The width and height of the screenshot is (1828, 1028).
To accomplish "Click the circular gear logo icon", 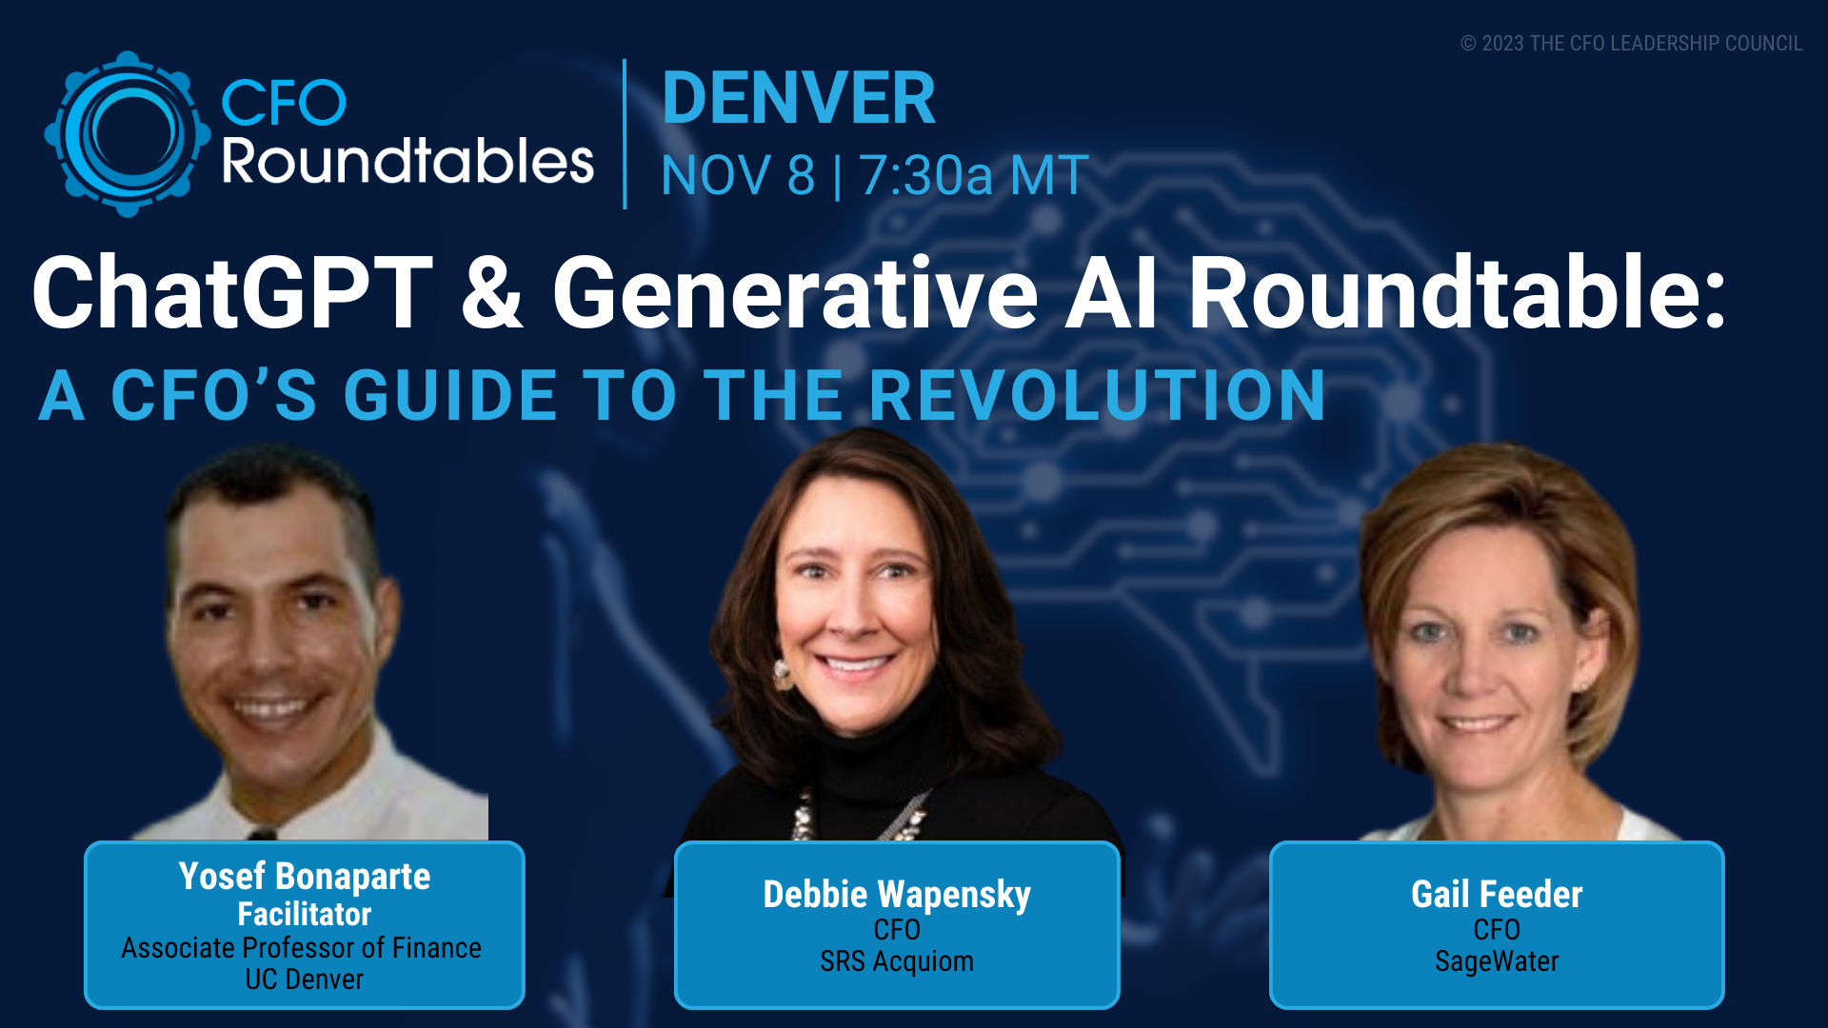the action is point(127,133).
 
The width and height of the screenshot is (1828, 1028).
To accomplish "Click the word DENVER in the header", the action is point(799,98).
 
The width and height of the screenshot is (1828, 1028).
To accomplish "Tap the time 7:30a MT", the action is point(974,175).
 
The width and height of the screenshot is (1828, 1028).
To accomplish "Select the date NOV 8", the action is point(738,175).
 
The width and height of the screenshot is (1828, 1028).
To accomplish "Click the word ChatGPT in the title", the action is point(232,292).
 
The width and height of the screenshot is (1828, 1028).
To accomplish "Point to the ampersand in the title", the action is point(492,292).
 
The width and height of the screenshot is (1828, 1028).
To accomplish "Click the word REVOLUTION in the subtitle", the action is point(1097,395).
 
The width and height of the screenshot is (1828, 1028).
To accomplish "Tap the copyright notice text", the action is point(1631,44).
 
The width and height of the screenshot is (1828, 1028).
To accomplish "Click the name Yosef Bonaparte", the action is point(305,877).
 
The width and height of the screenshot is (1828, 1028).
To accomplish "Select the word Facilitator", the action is point(305,914).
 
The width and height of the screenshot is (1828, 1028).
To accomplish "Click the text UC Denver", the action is point(305,979).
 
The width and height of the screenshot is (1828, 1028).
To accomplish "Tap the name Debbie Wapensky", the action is point(897,895).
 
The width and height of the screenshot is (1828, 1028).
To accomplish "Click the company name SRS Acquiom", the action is point(897,961).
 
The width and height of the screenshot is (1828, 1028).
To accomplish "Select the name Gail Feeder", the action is point(1497,895).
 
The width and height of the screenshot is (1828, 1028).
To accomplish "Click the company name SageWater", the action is point(1497,961).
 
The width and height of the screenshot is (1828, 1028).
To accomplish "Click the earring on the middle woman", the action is point(783,674).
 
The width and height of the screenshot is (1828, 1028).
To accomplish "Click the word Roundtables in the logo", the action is point(407,162).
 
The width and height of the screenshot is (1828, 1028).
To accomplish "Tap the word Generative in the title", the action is point(795,292).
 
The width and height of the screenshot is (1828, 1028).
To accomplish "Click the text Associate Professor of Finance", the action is point(301,948).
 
